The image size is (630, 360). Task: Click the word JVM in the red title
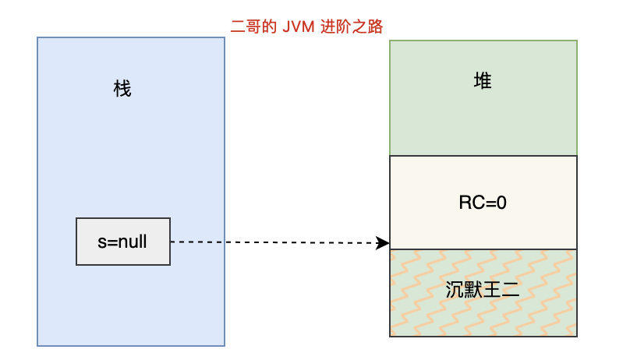point(298,26)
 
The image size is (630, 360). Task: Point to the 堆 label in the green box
point(483,80)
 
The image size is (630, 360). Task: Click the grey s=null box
point(122,242)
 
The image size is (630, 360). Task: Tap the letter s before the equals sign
point(101,242)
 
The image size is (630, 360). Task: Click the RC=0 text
point(483,203)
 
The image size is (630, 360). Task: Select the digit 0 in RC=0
point(502,203)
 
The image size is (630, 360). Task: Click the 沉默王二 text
point(483,292)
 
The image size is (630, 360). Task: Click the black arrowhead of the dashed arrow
point(382,243)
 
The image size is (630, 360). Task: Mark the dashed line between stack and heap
point(273,242)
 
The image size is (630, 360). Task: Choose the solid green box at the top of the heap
point(483,117)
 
